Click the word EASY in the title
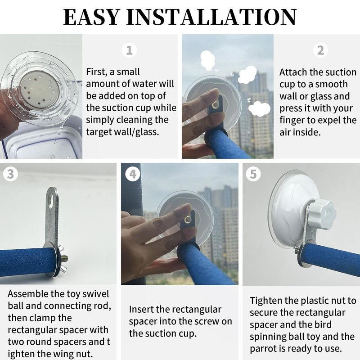click(91, 17)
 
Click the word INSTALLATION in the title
click(211, 17)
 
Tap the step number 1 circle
click(130, 50)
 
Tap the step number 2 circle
click(320, 50)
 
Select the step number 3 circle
click(10, 174)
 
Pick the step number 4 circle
click(133, 174)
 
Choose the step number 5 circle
click(253, 174)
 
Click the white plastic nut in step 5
click(321, 212)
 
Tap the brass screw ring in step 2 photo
click(216, 105)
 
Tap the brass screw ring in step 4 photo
click(188, 220)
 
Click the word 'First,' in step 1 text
click(96, 72)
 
